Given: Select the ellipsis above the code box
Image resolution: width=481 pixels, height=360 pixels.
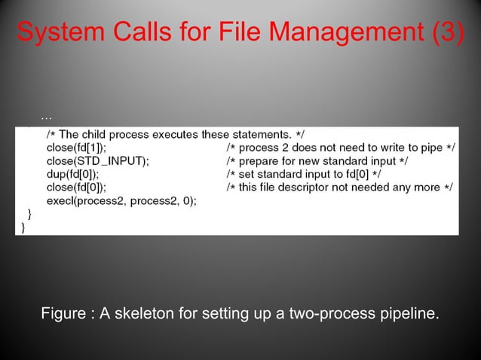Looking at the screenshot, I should click(46, 118).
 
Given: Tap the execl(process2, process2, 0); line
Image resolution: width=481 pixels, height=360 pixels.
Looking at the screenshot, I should click(121, 202).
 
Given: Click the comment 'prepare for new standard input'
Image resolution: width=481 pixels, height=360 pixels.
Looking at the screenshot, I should click(317, 161).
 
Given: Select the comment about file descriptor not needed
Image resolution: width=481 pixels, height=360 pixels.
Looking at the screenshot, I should click(339, 188).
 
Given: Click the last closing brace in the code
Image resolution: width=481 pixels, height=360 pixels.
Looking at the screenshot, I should click(23, 227).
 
